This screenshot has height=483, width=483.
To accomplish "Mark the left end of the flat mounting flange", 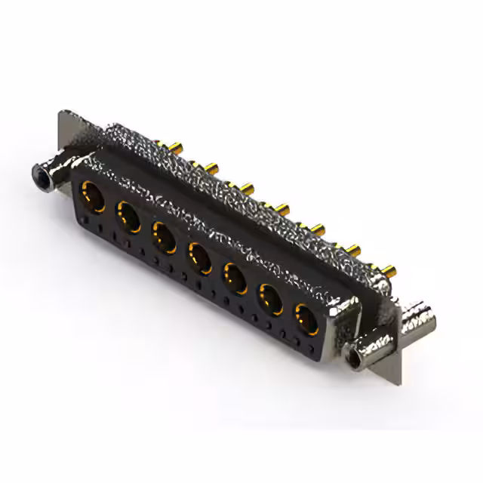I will tap(63, 136).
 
